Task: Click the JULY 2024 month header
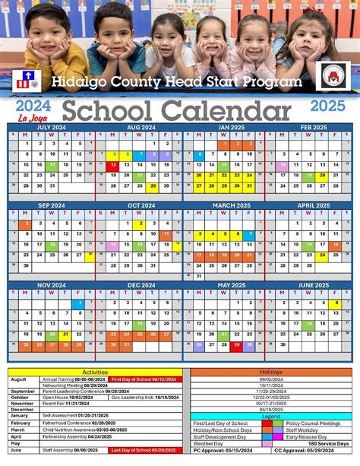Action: point(51,128)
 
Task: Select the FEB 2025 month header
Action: point(313,128)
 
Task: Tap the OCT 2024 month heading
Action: point(141,205)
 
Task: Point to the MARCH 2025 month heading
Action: point(226,205)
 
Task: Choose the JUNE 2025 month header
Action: point(313,285)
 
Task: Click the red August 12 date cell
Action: point(113,164)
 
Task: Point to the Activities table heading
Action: point(94,372)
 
